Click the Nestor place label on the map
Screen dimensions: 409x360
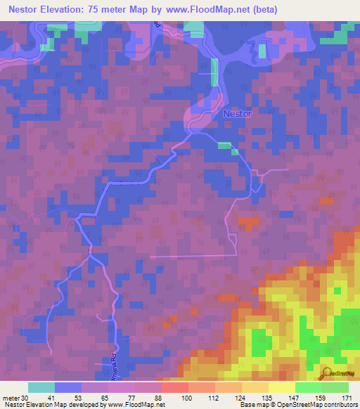coord(236,113)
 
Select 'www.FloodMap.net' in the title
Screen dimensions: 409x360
coord(212,10)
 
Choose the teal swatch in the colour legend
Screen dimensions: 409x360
coord(41,387)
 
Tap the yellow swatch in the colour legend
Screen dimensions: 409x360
coord(281,387)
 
